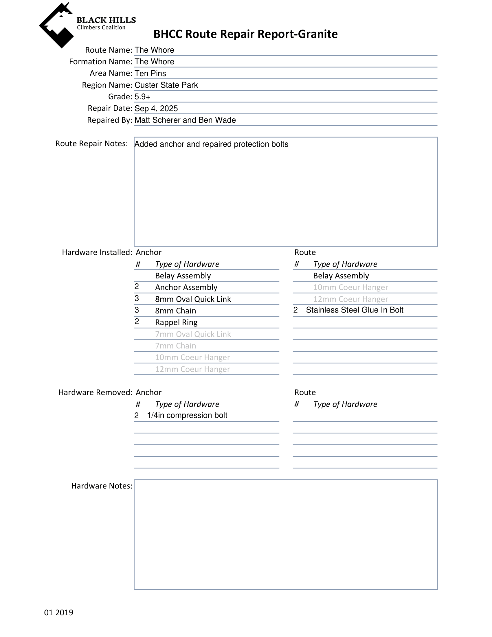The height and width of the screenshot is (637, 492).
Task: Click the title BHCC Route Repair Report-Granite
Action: [x=245, y=34]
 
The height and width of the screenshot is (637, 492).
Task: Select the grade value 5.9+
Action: [x=142, y=97]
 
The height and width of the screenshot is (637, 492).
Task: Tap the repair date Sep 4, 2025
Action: [x=156, y=108]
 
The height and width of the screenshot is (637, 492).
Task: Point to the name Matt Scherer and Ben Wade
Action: [x=185, y=120]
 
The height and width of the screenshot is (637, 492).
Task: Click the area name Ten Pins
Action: [x=150, y=73]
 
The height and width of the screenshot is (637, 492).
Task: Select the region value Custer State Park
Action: [x=166, y=85]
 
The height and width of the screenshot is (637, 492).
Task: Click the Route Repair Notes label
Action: [x=91, y=144]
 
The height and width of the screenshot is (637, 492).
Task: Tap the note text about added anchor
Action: [x=211, y=144]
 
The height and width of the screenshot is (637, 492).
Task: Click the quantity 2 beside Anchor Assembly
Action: [x=137, y=287]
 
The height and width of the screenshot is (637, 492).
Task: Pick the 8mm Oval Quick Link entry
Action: [x=193, y=299]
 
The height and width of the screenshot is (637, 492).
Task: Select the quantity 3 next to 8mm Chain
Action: [x=137, y=310]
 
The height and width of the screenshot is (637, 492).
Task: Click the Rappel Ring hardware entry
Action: [x=176, y=322]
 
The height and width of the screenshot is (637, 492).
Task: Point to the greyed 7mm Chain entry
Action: [x=175, y=346]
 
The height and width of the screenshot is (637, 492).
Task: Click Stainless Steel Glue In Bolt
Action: [x=354, y=310]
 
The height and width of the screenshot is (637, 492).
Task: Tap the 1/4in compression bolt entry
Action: [x=187, y=415]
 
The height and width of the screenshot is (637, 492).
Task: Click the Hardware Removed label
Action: [x=96, y=392]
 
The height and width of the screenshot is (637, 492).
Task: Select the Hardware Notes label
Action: [x=102, y=486]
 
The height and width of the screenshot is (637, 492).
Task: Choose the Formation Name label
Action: [x=101, y=62]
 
